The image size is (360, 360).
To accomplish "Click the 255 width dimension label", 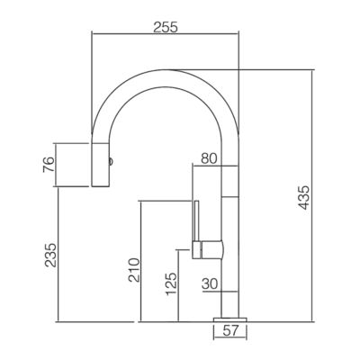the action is (166, 27).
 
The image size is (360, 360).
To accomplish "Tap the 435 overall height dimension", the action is (304, 197).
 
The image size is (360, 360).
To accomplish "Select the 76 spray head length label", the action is (49, 165).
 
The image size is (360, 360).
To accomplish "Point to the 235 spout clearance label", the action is (50, 255).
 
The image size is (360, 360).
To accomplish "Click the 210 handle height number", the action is (134, 270).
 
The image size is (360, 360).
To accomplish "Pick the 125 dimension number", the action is (172, 283).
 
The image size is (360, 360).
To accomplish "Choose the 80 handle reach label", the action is (209, 158).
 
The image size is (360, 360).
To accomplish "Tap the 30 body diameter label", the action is (210, 283).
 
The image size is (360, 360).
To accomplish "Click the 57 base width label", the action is (230, 331).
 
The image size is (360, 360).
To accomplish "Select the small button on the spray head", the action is (111, 161).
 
